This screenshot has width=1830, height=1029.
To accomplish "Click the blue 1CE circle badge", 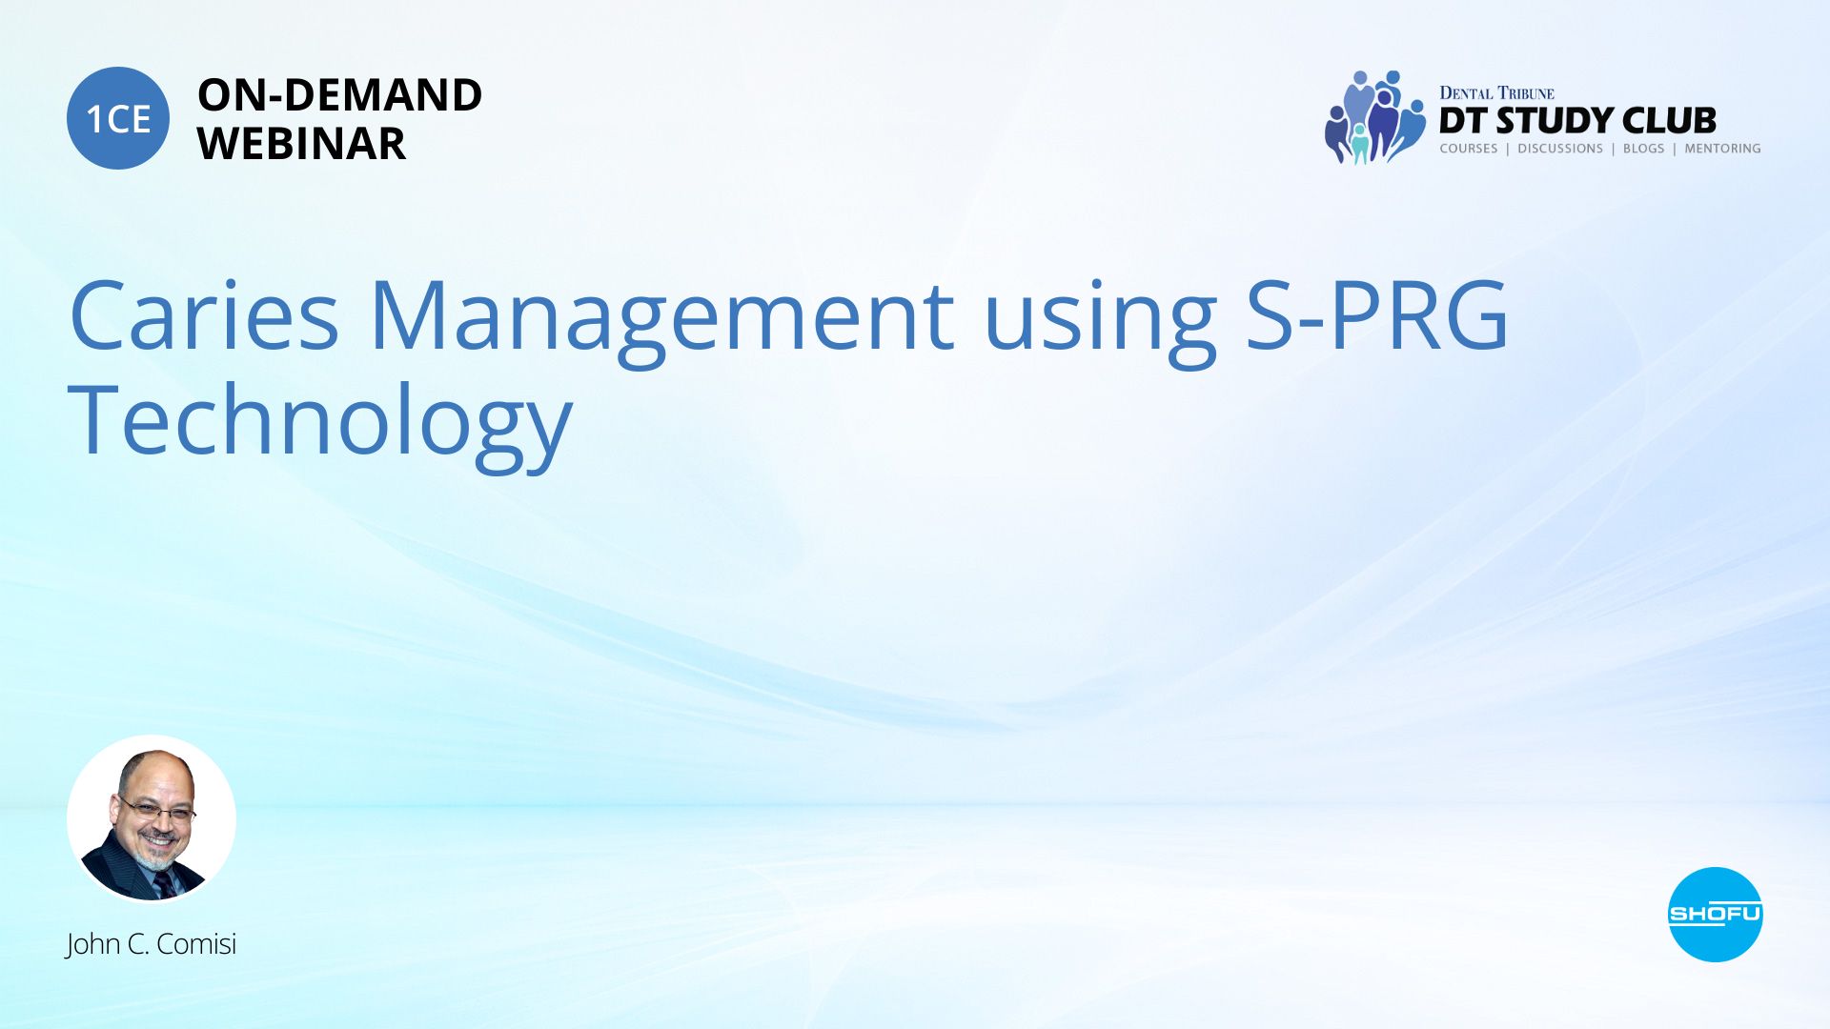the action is [118, 118].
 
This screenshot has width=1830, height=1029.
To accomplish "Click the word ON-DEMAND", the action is [339, 95].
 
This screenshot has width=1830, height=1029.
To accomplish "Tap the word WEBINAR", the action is [301, 144].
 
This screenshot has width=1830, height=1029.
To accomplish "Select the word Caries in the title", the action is [204, 314].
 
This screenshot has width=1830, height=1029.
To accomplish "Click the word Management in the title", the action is [661, 319].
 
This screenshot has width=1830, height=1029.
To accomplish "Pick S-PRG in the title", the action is [1378, 314].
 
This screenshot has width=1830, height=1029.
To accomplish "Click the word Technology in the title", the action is [320, 424].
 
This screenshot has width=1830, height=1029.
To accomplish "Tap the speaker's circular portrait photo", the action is [152, 818].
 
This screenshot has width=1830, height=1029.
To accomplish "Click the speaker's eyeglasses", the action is [154, 811].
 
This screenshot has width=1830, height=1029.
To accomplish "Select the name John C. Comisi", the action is [151, 944].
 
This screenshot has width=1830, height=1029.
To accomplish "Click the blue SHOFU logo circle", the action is [1715, 915].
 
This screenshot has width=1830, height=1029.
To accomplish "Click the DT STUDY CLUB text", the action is [1577, 121].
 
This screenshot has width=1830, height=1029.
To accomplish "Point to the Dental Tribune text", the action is [1496, 92].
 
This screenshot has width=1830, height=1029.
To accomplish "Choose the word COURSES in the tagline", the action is [1469, 149].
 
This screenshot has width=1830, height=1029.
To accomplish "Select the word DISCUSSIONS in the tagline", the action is [1560, 149].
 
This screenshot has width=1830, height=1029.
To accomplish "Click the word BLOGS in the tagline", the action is [1643, 149].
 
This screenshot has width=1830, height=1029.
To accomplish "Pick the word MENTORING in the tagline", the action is [1722, 149].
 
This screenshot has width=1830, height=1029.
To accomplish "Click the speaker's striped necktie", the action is [164, 885].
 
